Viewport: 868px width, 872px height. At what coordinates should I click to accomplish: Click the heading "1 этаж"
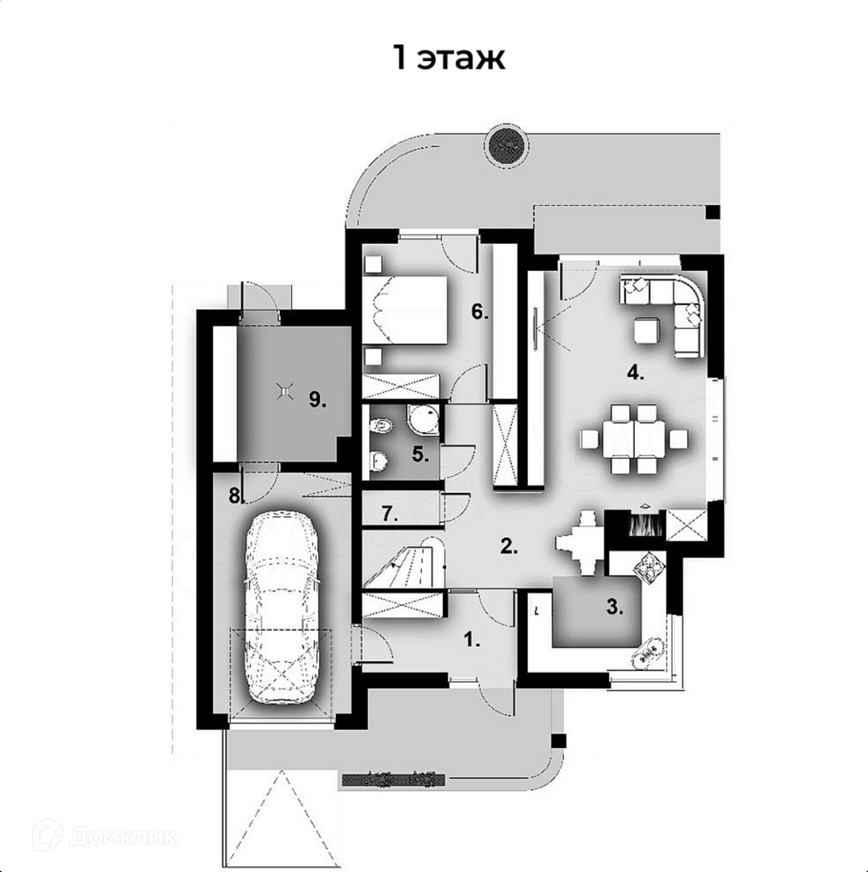click(x=449, y=57)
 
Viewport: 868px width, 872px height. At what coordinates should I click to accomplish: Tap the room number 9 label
click(x=317, y=399)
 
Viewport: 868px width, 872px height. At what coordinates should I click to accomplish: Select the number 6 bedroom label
click(x=480, y=311)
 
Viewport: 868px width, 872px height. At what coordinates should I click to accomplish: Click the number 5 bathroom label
click(x=420, y=455)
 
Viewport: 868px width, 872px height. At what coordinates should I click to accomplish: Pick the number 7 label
click(x=390, y=514)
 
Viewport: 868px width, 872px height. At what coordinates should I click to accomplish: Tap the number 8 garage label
click(x=236, y=495)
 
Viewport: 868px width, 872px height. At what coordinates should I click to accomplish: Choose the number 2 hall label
click(x=509, y=546)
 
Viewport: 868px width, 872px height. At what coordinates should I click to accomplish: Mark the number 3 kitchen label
click(x=615, y=607)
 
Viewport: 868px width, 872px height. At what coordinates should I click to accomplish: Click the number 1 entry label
click(x=472, y=640)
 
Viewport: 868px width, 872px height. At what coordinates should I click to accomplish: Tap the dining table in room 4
click(x=634, y=438)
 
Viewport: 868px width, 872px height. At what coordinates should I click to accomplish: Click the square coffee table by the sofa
click(x=647, y=331)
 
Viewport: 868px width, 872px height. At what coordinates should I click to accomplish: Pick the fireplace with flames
click(x=645, y=524)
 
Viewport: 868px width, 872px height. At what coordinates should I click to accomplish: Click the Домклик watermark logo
click(x=104, y=836)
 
